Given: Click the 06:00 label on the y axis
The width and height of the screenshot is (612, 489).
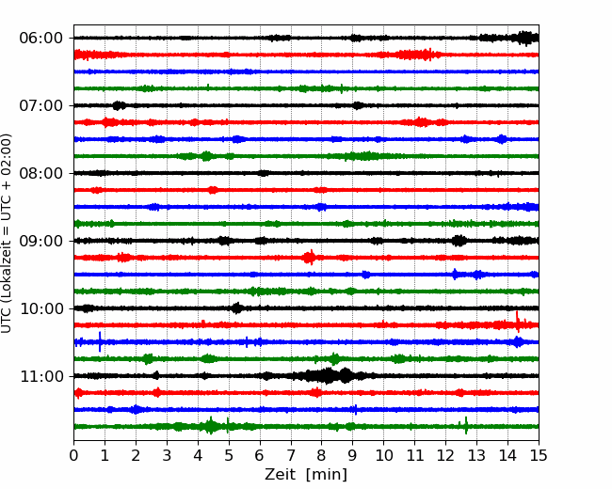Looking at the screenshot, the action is [x=41, y=39].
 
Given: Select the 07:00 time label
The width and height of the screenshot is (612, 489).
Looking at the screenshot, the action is [x=41, y=105].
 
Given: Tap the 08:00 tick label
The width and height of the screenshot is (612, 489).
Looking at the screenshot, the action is [x=41, y=173].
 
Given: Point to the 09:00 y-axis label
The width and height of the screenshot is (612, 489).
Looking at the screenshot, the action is [x=41, y=241].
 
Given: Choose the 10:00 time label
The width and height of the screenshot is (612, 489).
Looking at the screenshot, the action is [x=41, y=308].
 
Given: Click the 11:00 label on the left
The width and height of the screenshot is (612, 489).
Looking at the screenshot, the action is [x=41, y=376].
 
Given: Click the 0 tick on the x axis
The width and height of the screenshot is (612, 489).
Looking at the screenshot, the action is [x=73, y=455].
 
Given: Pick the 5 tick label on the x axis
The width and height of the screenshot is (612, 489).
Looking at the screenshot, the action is [x=229, y=455].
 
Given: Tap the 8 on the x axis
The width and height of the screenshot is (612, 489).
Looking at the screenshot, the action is [x=322, y=455].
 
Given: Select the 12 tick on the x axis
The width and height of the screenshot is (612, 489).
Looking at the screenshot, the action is [x=445, y=455].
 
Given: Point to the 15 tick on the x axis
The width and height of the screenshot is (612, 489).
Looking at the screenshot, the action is [x=539, y=455].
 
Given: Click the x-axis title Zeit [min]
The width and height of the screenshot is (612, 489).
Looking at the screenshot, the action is [x=306, y=475].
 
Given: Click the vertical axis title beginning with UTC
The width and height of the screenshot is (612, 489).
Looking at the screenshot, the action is [x=7, y=233].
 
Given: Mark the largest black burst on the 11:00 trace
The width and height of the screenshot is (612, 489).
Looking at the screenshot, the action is [x=327, y=376].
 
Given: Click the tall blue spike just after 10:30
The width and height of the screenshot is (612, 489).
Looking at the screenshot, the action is [x=100, y=341].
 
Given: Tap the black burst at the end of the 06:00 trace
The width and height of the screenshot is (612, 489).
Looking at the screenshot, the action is [x=526, y=38].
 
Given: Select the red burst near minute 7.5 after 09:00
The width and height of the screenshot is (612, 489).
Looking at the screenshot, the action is [x=310, y=258].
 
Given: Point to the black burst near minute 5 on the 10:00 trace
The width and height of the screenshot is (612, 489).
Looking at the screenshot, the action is [x=236, y=308].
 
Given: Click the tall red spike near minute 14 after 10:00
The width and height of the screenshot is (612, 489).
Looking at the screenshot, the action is [x=518, y=323].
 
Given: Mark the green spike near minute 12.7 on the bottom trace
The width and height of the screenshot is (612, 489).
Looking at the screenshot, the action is [x=466, y=425].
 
